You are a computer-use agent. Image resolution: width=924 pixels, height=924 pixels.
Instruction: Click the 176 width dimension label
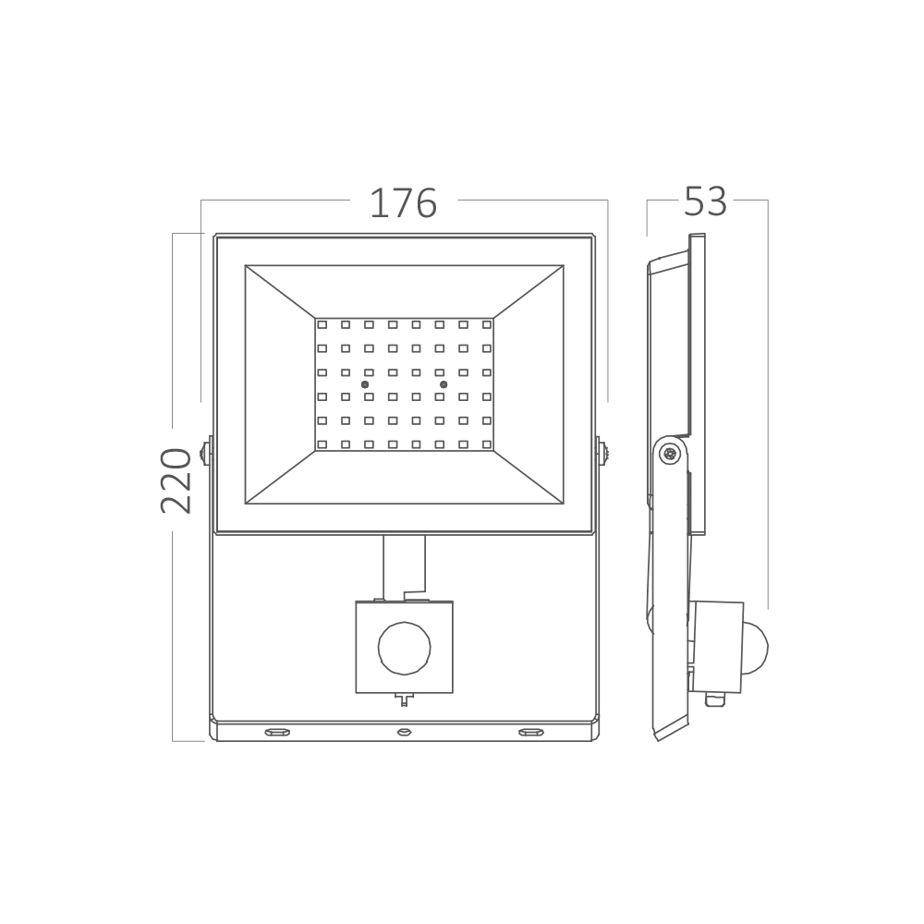click(x=403, y=203)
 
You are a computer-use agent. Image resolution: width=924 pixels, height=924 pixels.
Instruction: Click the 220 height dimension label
click(x=176, y=480)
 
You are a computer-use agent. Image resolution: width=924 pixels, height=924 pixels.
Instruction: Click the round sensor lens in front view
click(x=405, y=649)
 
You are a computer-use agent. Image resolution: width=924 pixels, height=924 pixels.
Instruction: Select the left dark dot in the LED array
click(x=365, y=384)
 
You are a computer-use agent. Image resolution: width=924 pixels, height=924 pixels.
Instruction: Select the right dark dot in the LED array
click(x=444, y=384)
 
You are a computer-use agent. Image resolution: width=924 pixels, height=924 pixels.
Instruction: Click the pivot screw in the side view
click(x=669, y=454)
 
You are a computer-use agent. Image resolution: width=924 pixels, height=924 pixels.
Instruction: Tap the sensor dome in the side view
click(x=756, y=647)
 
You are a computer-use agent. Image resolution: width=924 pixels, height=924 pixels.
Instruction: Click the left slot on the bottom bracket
click(x=277, y=732)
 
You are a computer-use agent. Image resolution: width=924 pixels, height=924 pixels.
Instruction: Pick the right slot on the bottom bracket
click(x=530, y=732)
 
